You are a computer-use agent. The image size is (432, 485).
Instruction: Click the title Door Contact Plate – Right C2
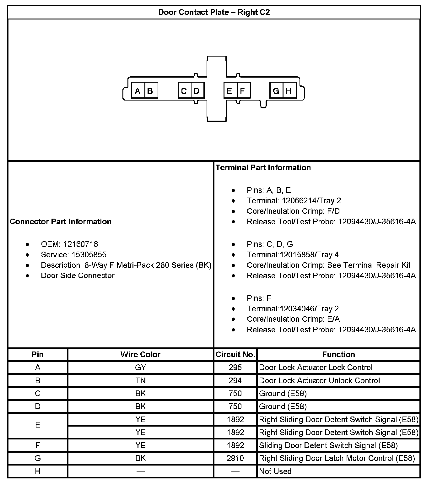point(214,12)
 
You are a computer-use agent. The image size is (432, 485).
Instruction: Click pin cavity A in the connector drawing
point(138,91)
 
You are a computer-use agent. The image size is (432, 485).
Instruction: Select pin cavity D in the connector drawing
point(197,91)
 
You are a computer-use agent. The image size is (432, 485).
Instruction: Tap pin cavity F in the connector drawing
point(243,91)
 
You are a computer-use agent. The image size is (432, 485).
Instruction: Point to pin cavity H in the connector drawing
point(289,91)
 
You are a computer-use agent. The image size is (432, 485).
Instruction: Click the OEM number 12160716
point(80,244)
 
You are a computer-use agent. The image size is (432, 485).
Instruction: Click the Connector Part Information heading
point(61,221)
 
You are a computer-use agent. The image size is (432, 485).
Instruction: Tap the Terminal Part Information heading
point(263,167)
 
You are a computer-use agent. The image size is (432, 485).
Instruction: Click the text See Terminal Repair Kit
point(369,265)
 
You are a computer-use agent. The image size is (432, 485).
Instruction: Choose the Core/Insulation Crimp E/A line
point(293,319)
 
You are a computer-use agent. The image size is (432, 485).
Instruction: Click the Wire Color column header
point(140,354)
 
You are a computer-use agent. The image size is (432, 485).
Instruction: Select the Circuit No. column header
point(235,354)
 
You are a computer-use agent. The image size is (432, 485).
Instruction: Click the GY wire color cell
point(140,368)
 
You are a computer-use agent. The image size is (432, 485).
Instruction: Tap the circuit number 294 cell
point(235,380)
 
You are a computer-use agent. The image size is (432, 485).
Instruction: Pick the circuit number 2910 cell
point(235,458)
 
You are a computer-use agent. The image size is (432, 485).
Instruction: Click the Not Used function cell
point(275,471)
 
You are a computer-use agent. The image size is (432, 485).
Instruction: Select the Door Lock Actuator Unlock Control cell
point(319,380)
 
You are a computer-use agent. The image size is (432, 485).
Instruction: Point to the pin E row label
point(38,425)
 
